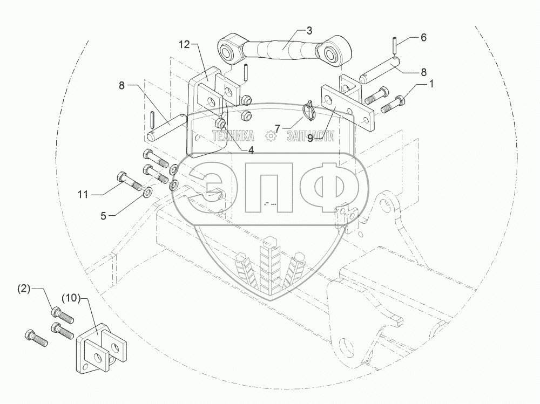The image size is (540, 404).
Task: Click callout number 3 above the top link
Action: point(309,31)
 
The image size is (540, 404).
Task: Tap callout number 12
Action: point(184,45)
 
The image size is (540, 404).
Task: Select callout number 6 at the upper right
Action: point(423,37)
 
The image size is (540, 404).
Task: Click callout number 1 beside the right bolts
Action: point(431,84)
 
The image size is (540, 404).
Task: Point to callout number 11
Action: point(83,195)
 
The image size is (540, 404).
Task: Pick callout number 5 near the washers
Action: point(103,216)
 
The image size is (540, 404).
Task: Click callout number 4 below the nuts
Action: point(251,150)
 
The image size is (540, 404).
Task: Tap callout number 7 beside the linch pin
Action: point(278,129)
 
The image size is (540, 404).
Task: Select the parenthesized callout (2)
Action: point(24,289)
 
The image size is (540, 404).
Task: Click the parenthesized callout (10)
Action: point(71,297)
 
